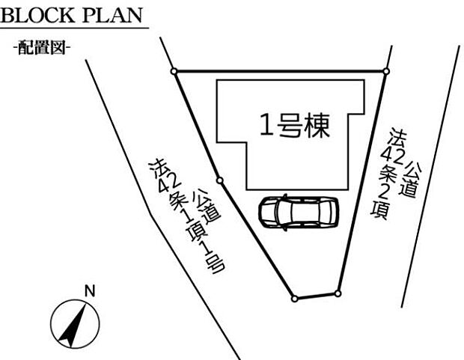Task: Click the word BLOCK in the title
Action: [37, 16]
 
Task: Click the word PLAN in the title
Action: [113, 16]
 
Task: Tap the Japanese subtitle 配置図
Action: [41, 47]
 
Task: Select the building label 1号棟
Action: [295, 125]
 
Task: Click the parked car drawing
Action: [299, 211]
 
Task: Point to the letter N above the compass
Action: [90, 291]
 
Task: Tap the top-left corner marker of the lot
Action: [174, 71]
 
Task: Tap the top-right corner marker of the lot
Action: [386, 71]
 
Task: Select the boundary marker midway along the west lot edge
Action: [219, 180]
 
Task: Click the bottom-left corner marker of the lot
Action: [294, 299]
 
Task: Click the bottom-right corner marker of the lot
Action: [338, 293]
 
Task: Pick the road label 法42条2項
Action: [388, 173]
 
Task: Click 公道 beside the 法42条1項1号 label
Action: [207, 207]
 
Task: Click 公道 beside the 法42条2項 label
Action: [409, 179]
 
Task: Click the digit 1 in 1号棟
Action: [266, 125]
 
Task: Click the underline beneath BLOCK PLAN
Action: [74, 28]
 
